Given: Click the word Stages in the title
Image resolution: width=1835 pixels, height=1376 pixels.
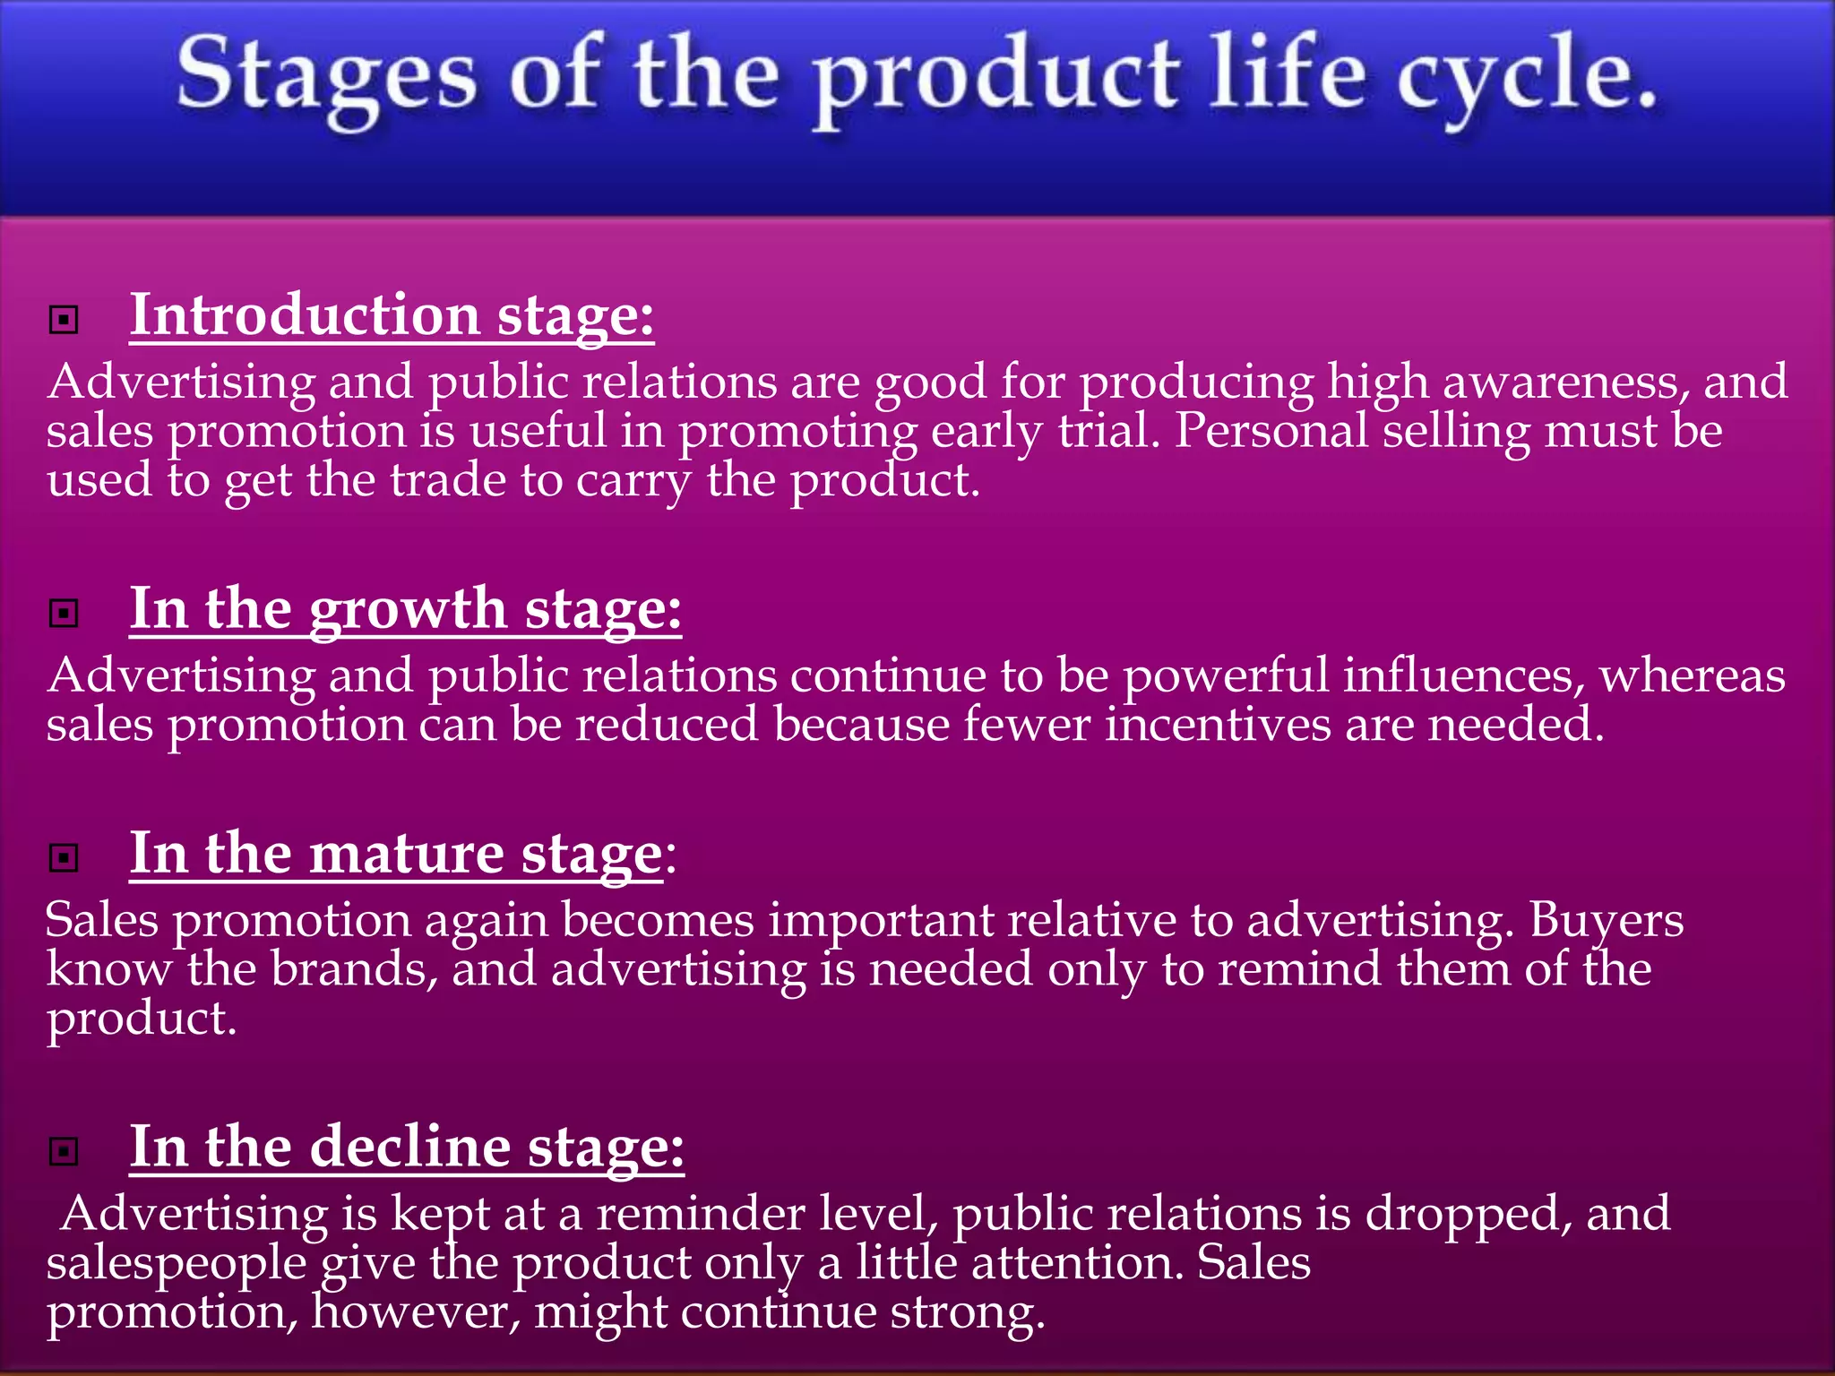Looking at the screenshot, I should coord(326,76).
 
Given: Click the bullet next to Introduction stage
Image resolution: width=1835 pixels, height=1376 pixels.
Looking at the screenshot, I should coord(64,319).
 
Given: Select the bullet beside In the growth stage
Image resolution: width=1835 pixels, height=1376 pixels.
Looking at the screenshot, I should coord(64,614).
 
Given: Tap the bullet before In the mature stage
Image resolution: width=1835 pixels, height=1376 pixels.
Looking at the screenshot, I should coord(64,857).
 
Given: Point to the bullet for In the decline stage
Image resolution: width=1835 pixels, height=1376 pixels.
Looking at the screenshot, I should coord(64,1151).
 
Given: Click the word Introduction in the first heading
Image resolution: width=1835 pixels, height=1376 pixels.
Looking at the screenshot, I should coord(306,315).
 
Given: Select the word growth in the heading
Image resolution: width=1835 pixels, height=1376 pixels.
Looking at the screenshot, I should coord(409,610).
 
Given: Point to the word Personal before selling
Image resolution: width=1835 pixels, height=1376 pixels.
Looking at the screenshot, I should coord(1271,431).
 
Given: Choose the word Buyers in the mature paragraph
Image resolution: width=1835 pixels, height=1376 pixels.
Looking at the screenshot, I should coord(1606,920).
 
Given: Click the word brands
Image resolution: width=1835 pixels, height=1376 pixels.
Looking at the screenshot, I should coord(354,969).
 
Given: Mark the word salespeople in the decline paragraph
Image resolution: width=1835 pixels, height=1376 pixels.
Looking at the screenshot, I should coord(177,1264).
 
